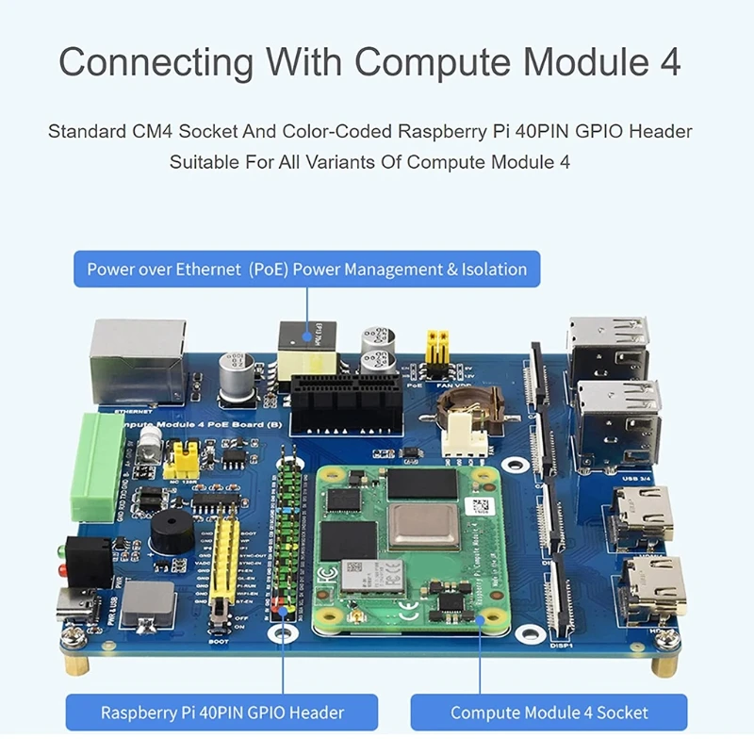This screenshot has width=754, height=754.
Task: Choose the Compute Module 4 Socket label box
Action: coord(549,713)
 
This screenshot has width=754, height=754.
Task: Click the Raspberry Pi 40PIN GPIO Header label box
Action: coord(222,713)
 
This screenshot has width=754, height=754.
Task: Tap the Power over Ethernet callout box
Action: coord(307,269)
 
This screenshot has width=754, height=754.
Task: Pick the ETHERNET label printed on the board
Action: coord(131,412)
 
